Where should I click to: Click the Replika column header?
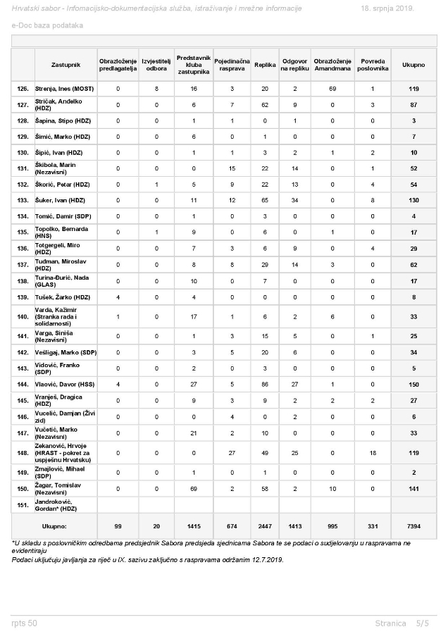pyautogui.click(x=265, y=64)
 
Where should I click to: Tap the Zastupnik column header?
pyautogui.click(x=66, y=64)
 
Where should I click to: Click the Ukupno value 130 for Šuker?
pyautogui.click(x=413, y=200)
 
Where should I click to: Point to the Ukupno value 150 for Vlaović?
pyautogui.click(x=413, y=385)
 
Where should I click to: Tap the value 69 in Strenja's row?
pyautogui.click(x=328, y=89)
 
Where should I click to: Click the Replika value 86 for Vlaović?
pyautogui.click(x=265, y=385)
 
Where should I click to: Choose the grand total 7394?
pyautogui.click(x=413, y=526)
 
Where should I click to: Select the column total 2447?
pyautogui.click(x=265, y=526)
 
